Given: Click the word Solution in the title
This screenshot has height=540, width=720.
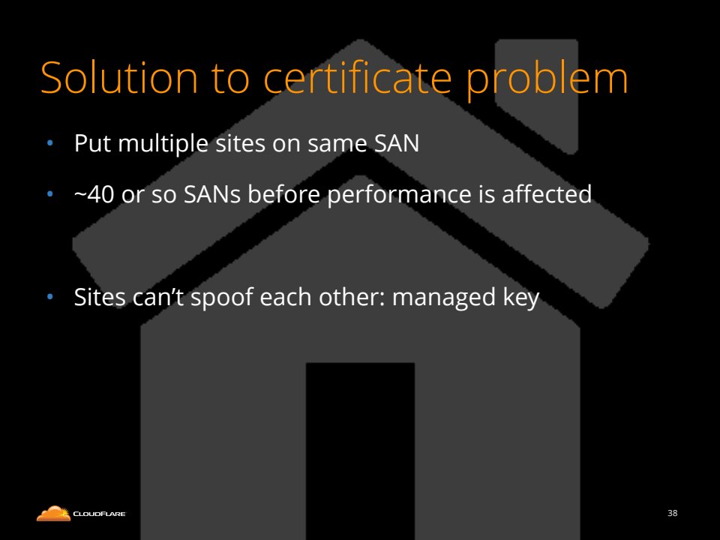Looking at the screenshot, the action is coord(119,77).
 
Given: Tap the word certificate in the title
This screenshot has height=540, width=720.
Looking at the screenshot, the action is coord(357,77).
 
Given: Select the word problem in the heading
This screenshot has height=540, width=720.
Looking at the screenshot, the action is coord(547,81).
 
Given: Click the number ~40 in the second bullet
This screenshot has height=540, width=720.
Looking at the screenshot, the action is coord(94,194).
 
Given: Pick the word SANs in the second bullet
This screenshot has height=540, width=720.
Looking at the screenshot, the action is coord(212,194).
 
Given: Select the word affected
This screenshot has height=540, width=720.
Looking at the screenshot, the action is coord(547,193).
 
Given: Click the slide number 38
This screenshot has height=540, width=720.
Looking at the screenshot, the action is coord(672,513).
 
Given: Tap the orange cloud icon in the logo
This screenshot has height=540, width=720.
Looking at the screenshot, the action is coord(54,513).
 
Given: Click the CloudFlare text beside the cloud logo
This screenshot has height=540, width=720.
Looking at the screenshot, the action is coord(99,514).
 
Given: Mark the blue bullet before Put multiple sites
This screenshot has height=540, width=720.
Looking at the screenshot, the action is coord(50,144).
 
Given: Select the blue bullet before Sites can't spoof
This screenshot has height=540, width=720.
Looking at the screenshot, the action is coord(50,297).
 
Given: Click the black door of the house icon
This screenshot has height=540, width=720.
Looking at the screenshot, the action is coord(361,451).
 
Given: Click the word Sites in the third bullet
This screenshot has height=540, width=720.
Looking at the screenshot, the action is coord(100,297).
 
